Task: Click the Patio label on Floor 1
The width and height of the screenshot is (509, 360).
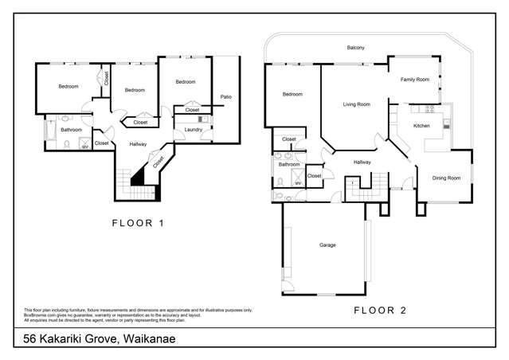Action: click(x=225, y=97)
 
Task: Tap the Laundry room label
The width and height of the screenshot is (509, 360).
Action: click(x=193, y=129)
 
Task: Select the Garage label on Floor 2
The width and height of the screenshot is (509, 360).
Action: click(x=327, y=245)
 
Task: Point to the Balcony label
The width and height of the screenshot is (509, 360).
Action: click(x=355, y=49)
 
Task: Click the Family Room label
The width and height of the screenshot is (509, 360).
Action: click(x=414, y=80)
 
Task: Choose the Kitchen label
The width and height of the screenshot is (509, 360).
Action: click(x=422, y=126)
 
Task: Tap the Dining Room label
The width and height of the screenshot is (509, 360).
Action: click(x=447, y=178)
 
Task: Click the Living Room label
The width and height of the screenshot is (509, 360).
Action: click(x=356, y=104)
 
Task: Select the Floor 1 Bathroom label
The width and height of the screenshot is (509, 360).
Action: click(x=72, y=129)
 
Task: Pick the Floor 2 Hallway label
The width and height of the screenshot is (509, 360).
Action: click(x=362, y=162)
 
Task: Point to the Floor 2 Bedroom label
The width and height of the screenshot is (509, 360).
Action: click(x=293, y=95)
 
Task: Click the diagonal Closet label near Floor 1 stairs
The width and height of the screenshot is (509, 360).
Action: click(x=159, y=161)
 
